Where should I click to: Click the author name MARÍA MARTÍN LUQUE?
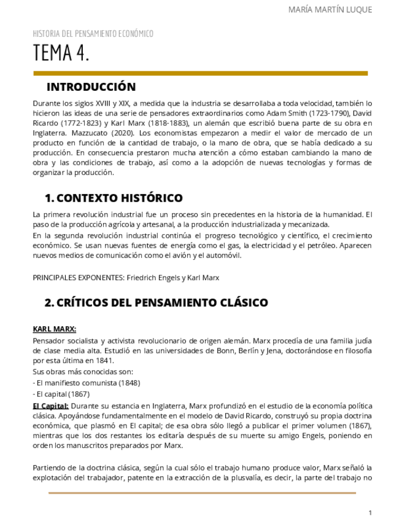[330, 9]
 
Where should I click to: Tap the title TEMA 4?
[61, 54]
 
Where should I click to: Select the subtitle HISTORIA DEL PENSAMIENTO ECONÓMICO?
[93, 34]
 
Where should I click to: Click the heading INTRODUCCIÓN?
[91, 87]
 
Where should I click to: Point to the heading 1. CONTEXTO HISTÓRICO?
[114, 198]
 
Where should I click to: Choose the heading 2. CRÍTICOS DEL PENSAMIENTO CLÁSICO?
[156, 302]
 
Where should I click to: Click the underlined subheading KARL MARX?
[55, 329]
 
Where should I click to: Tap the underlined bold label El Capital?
[50, 405]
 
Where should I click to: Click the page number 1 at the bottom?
[370, 512]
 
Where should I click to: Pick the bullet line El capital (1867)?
[61, 394]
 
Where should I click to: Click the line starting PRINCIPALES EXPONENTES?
[126, 278]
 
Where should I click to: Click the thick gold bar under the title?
[200, 73]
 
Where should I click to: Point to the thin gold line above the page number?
[202, 493]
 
